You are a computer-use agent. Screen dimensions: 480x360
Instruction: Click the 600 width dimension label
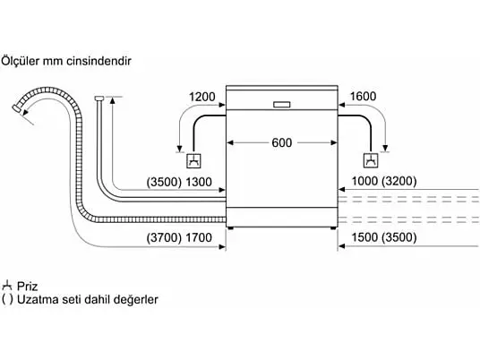[281, 142]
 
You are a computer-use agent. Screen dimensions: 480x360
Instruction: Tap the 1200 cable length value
[202, 97]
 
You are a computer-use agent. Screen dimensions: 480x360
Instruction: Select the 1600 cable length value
[363, 96]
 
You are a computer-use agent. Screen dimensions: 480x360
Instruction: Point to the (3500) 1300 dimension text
[179, 182]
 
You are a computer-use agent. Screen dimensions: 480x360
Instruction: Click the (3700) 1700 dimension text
[179, 237]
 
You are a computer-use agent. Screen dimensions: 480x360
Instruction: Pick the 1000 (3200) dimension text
[384, 181]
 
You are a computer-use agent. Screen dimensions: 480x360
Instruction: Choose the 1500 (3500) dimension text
[384, 237]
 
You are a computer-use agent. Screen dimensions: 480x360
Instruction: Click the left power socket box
[194, 160]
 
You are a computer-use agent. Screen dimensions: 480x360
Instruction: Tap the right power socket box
[371, 160]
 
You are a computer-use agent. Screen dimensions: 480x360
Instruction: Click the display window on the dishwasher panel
[281, 105]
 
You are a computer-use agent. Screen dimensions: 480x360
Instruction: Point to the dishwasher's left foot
[230, 228]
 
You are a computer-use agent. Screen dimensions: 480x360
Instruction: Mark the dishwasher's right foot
[333, 228]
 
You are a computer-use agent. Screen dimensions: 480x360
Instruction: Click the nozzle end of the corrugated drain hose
[16, 108]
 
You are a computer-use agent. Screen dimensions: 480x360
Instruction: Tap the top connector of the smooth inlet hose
[99, 98]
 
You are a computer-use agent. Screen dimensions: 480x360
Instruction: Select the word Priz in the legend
[27, 287]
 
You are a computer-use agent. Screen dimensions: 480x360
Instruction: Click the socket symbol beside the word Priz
[7, 286]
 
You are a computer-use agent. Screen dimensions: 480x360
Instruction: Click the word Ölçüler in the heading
[21, 61]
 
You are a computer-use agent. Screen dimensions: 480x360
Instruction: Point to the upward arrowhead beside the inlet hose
[112, 99]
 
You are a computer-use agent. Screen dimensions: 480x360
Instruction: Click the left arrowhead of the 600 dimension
[230, 142]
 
